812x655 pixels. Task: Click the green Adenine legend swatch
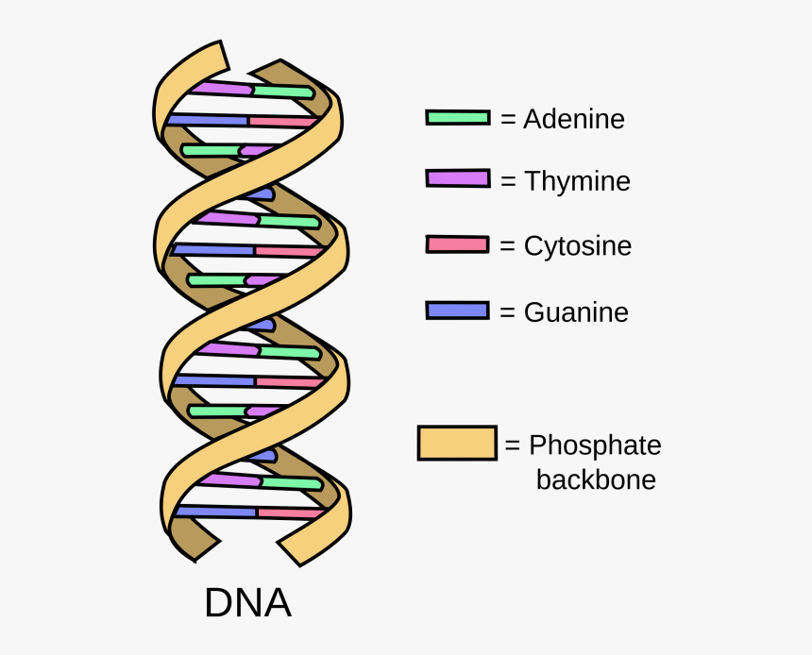[x=457, y=118]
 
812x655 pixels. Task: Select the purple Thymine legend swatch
[x=457, y=178]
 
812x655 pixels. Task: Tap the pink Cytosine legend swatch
[x=457, y=244]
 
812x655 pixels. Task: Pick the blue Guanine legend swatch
[x=457, y=311]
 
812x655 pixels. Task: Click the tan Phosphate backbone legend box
[x=457, y=443]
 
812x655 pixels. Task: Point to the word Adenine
[x=574, y=119]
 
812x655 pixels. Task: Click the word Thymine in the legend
[x=577, y=181]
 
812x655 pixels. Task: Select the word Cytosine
[x=578, y=246]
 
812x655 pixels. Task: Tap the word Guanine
[x=576, y=312]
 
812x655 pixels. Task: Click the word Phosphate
[x=595, y=445]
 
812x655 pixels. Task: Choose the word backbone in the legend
[x=596, y=479]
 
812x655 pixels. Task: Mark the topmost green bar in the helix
[x=281, y=92]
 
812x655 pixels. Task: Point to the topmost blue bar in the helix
[x=208, y=120]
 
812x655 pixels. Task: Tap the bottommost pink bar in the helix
[x=291, y=512]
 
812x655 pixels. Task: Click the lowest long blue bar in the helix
[x=217, y=512]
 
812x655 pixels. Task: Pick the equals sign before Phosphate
[x=513, y=445]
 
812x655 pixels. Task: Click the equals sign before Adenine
[x=509, y=120]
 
